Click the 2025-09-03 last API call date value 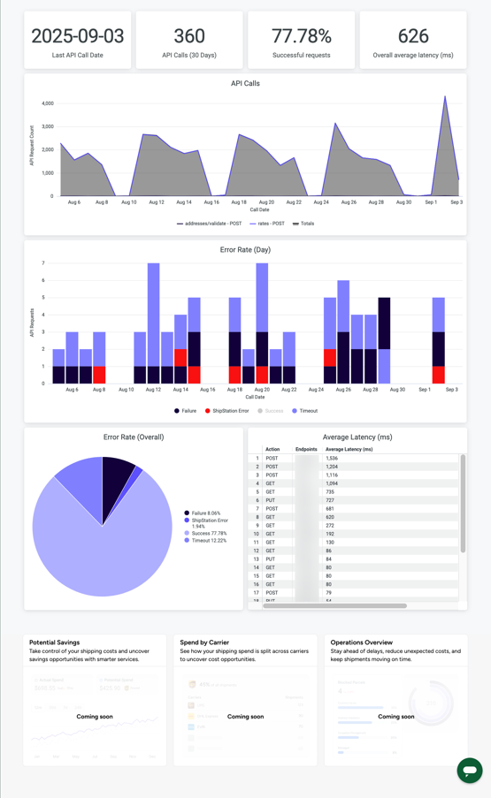pos(77,36)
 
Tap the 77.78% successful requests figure pos(301,36)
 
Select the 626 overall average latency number pos(413,36)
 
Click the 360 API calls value pos(189,36)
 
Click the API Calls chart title pos(245,84)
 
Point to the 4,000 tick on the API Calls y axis pos(47,103)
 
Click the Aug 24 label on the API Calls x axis pos(320,202)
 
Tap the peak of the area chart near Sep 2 pos(445,97)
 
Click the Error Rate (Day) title pos(245,250)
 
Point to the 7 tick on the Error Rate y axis pos(43,263)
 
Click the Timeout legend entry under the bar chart pos(306,411)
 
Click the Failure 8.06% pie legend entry pos(205,513)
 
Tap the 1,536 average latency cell pos(332,459)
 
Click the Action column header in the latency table pos(272,449)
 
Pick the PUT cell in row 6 pos(271,500)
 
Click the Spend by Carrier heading pos(204,642)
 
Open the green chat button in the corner pos(469,770)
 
